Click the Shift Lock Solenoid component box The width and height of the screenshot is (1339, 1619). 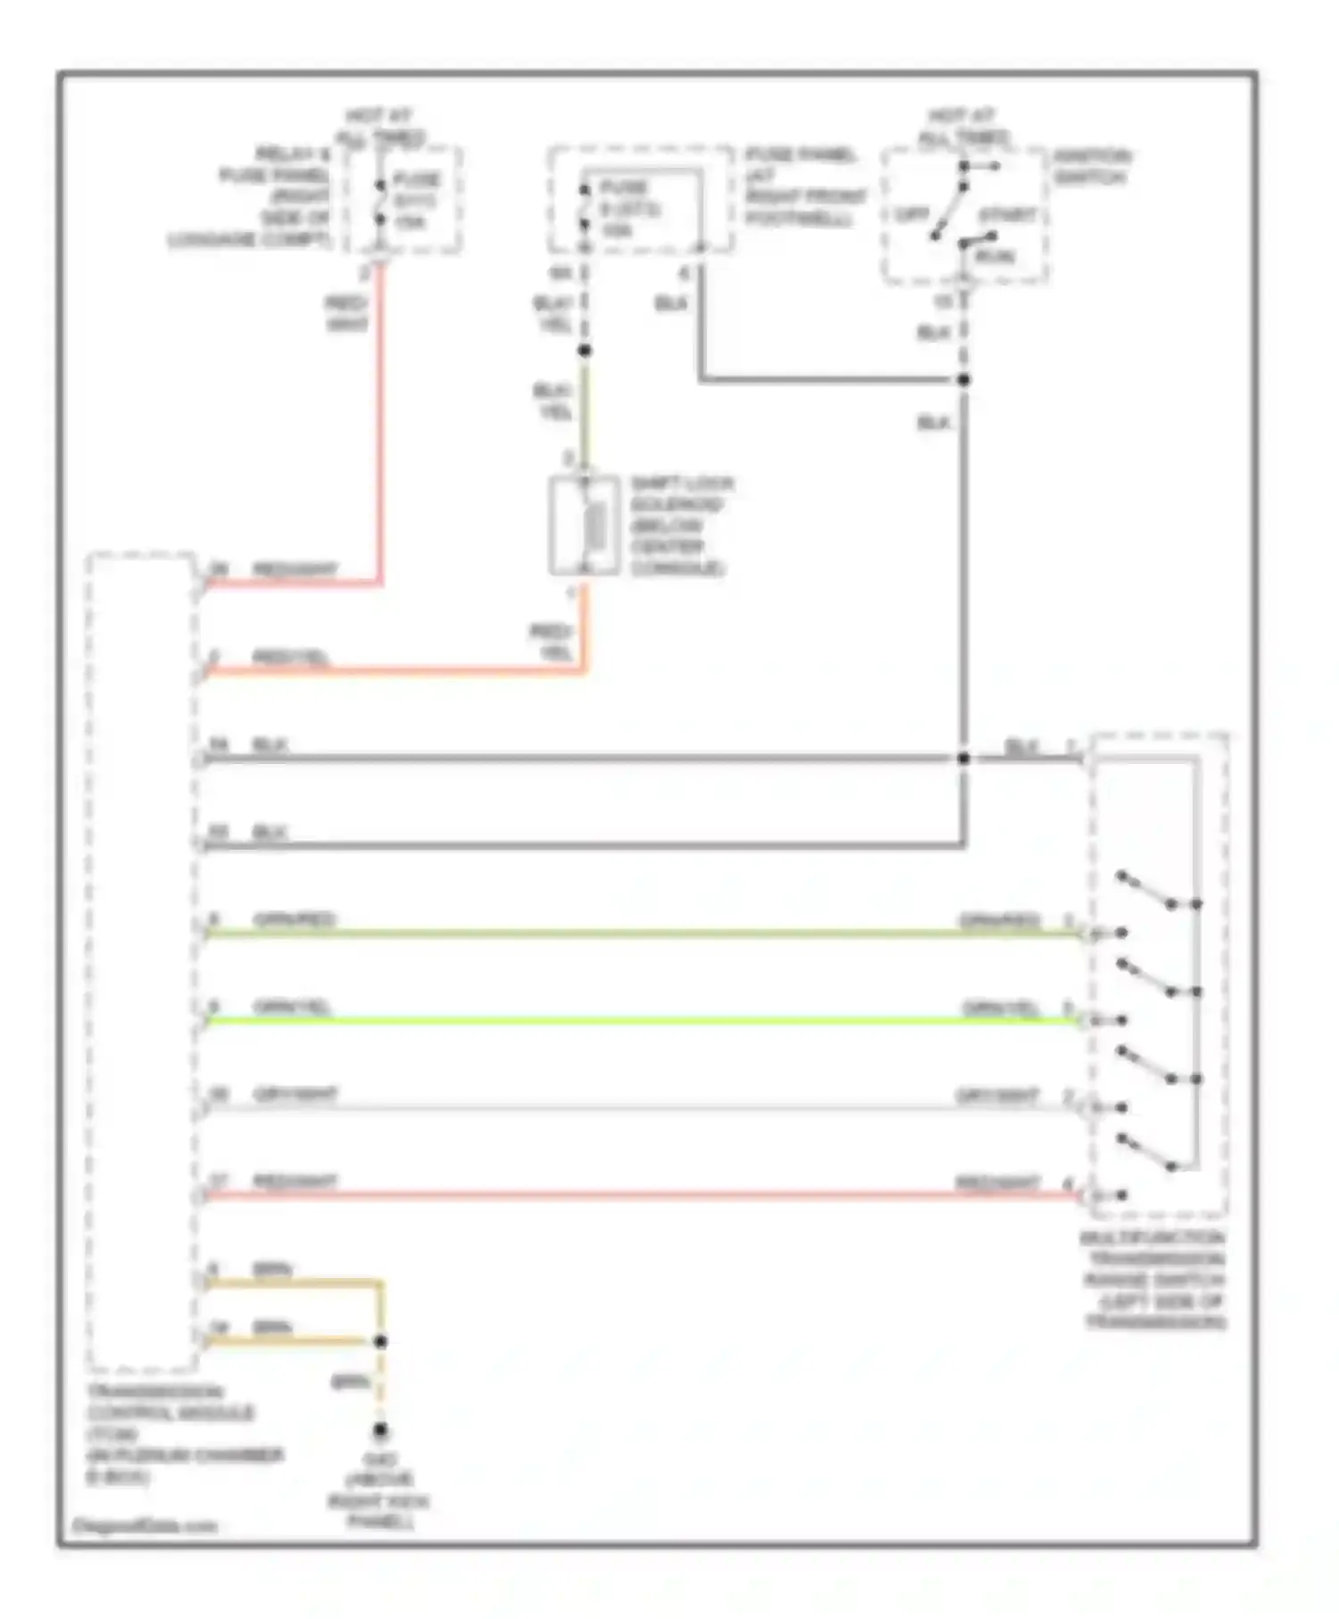pyautogui.click(x=585, y=527)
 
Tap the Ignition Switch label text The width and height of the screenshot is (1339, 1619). pyautogui.click(x=1091, y=167)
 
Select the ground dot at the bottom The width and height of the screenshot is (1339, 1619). pyautogui.click(x=380, y=1431)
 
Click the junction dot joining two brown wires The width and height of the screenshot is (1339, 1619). pyautogui.click(x=380, y=1341)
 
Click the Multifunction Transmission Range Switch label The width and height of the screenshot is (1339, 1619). pyautogui.click(x=1155, y=1280)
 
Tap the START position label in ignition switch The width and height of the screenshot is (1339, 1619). pyautogui.click(x=1007, y=215)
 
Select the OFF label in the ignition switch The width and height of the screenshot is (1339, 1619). pyautogui.click(x=912, y=215)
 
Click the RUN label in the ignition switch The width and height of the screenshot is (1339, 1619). pyautogui.click(x=995, y=256)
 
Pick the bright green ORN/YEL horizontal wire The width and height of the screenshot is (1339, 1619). pyautogui.click(x=625, y=1020)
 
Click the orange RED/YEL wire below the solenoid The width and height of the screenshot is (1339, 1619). pyautogui.click(x=402, y=670)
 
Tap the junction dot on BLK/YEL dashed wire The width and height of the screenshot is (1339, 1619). pyautogui.click(x=585, y=351)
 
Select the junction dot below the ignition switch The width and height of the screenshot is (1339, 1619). pyautogui.click(x=964, y=380)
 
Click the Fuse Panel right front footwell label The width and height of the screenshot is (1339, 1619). pyautogui.click(x=803, y=187)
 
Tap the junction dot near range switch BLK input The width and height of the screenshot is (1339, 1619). pyautogui.click(x=964, y=759)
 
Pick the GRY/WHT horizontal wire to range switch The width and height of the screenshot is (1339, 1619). pyautogui.click(x=625, y=1108)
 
